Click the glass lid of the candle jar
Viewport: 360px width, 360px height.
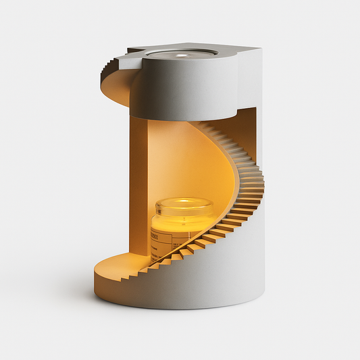(184, 203)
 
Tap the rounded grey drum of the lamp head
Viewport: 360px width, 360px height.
(182, 88)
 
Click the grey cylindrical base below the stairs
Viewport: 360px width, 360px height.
(203, 284)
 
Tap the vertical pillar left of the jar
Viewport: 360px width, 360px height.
(138, 189)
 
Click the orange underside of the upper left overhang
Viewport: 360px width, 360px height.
(115, 91)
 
